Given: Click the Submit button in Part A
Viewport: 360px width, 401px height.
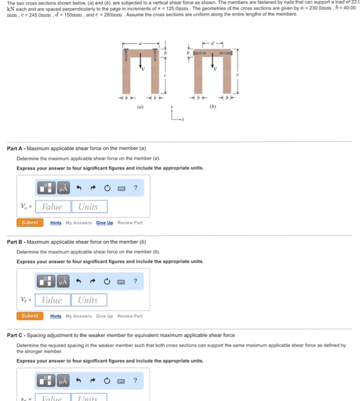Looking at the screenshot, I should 30,223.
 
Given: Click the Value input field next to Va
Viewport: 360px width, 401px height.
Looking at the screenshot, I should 53,207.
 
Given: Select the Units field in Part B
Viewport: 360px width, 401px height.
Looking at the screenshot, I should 88,300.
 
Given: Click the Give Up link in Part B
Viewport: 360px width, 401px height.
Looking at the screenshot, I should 104,316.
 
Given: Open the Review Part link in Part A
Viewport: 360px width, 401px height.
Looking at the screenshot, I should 130,223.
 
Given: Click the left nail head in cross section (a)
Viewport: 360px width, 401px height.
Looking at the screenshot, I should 126,50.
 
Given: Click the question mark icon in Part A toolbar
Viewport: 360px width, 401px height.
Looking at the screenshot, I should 135,188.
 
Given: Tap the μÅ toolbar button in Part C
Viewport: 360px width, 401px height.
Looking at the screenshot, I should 63,381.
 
